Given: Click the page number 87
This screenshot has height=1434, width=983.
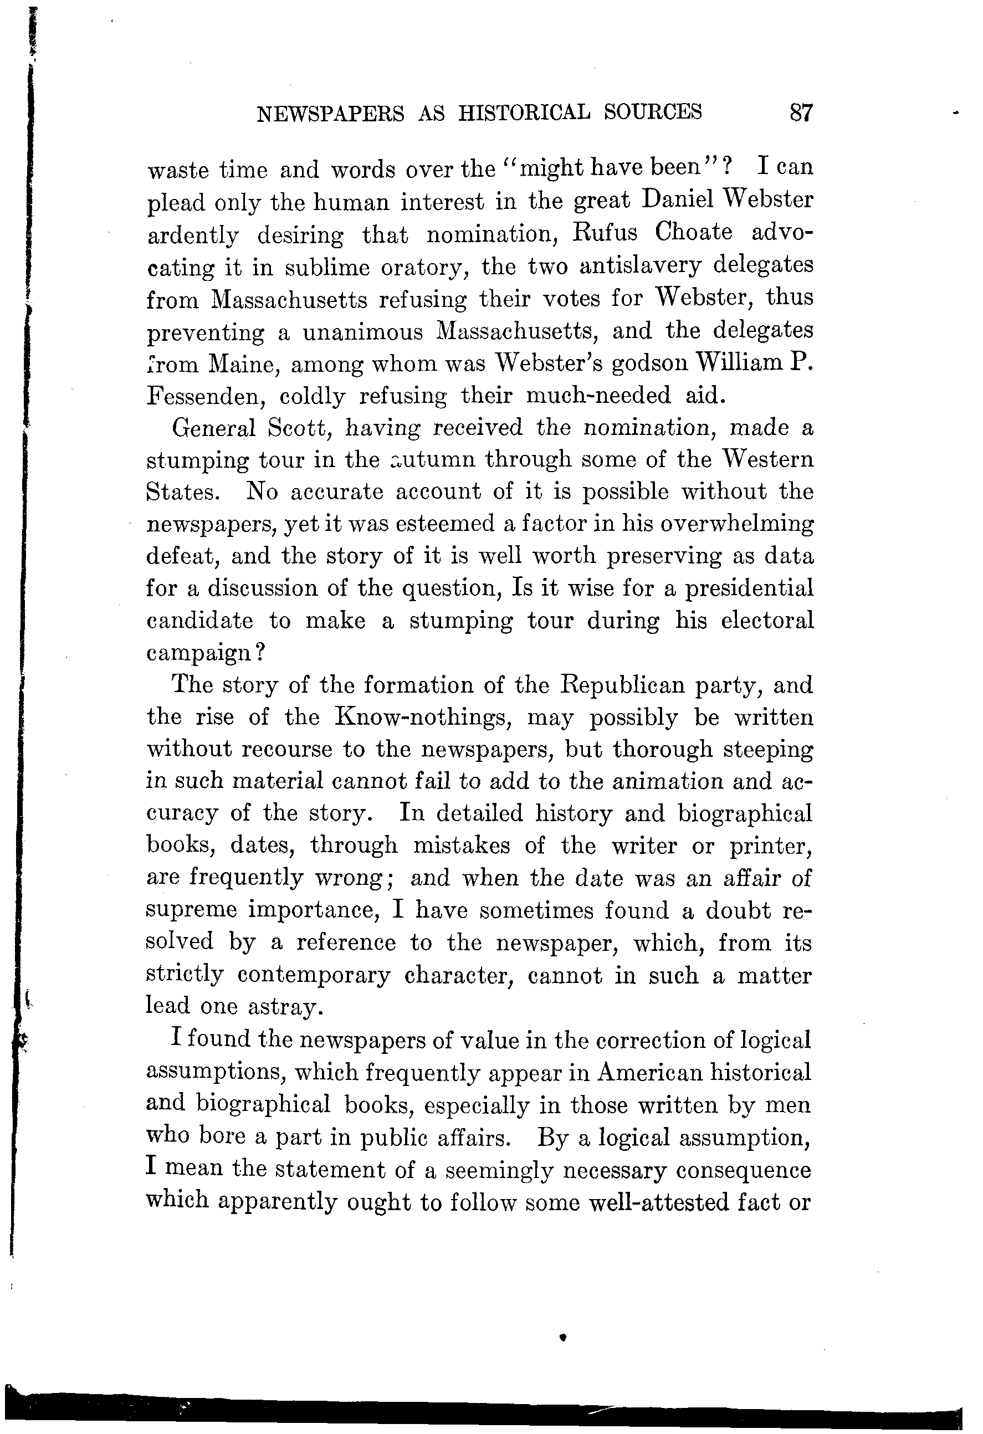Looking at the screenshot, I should point(801,113).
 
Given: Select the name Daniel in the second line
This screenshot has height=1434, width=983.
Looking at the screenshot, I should point(677,201).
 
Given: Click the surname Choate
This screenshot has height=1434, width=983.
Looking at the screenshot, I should point(693,233).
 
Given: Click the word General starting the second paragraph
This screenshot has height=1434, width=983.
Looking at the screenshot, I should point(213,428).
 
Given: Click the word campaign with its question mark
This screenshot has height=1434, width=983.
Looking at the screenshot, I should point(206,653).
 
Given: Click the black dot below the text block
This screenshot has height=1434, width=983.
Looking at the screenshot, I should point(562,1337).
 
